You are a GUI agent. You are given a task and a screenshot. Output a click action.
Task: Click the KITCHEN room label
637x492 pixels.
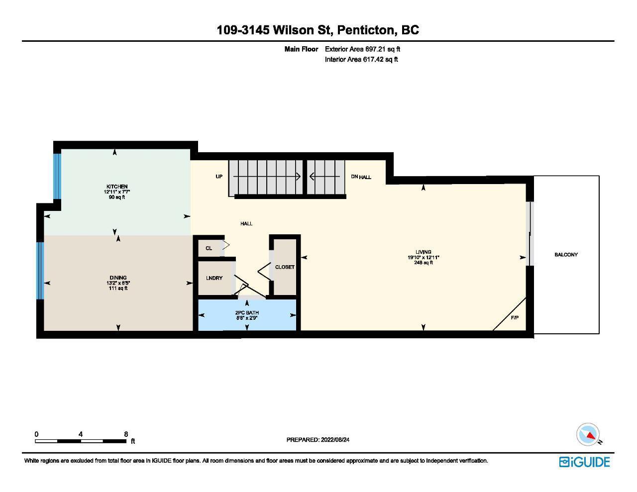click(x=116, y=187)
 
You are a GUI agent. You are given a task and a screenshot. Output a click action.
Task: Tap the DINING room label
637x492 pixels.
click(x=118, y=278)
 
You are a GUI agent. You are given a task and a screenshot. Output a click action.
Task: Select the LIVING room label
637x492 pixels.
click(x=424, y=252)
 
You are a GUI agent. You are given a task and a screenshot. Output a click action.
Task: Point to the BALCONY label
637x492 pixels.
click(x=566, y=255)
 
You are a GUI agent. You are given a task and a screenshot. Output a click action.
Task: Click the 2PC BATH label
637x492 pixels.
click(x=247, y=313)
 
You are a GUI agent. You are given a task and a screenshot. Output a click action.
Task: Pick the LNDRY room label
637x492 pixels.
click(x=214, y=278)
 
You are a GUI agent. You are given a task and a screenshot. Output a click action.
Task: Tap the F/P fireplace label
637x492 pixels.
click(x=515, y=318)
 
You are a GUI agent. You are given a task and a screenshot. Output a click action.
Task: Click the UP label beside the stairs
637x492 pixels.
click(x=219, y=177)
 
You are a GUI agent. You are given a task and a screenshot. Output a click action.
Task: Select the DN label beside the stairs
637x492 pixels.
click(x=354, y=177)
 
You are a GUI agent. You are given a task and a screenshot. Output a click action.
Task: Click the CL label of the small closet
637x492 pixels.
click(x=209, y=248)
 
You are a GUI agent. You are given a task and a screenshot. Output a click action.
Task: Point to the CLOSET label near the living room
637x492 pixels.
click(x=285, y=267)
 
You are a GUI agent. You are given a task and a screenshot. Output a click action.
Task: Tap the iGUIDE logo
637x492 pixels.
click(x=584, y=462)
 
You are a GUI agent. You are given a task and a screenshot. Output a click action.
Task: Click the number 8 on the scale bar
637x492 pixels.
click(x=126, y=434)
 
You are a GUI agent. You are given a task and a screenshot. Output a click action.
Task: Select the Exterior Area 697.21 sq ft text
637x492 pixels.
click(x=362, y=49)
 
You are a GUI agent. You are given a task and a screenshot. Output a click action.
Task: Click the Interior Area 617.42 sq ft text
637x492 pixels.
click(x=361, y=59)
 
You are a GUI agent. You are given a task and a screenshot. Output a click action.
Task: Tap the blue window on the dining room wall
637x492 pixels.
click(x=40, y=271)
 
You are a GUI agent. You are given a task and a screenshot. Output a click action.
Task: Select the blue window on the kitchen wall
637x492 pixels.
click(x=57, y=177)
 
